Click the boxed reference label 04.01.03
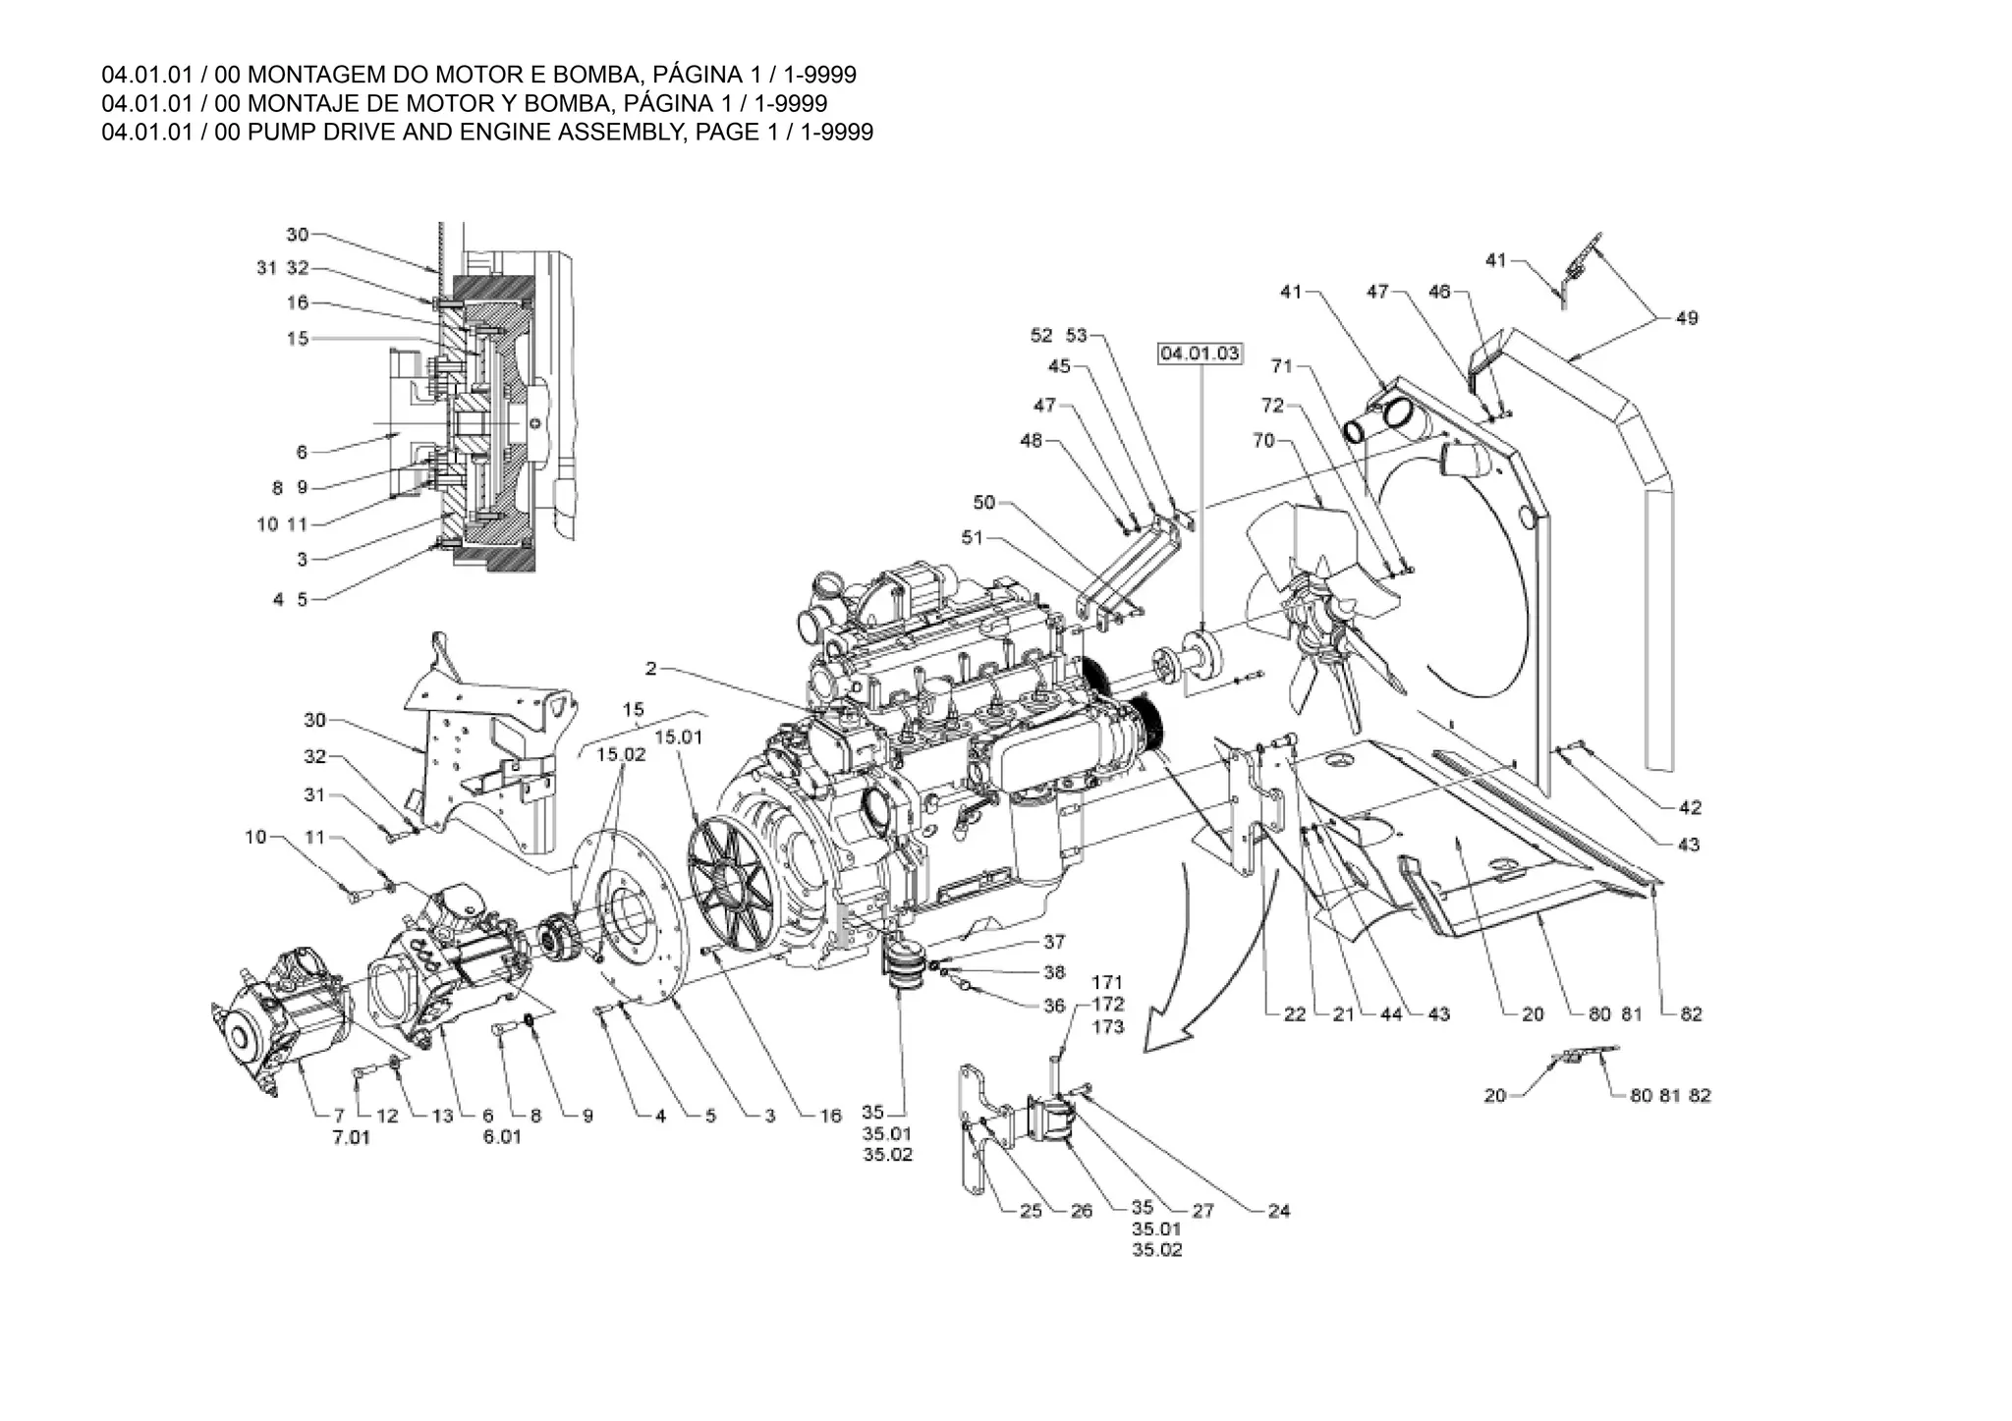(1201, 354)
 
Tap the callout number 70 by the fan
(1263, 441)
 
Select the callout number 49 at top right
(1687, 318)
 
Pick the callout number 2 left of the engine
(650, 669)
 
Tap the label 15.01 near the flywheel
(679, 738)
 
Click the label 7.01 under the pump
(351, 1138)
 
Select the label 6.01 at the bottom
(501, 1137)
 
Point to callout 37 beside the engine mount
(1054, 942)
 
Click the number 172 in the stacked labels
(1107, 1005)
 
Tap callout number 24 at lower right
(1278, 1212)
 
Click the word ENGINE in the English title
(505, 132)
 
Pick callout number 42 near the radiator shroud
(1690, 808)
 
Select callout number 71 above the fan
(1282, 366)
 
